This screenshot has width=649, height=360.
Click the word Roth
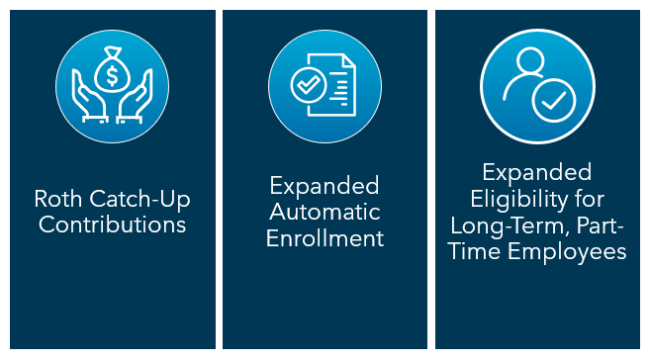56,200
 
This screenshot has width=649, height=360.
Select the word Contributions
112,225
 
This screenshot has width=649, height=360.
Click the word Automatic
324,212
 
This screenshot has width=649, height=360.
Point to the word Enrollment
324,237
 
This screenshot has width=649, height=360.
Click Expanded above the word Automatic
324,186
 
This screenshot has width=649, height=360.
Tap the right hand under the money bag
135,102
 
